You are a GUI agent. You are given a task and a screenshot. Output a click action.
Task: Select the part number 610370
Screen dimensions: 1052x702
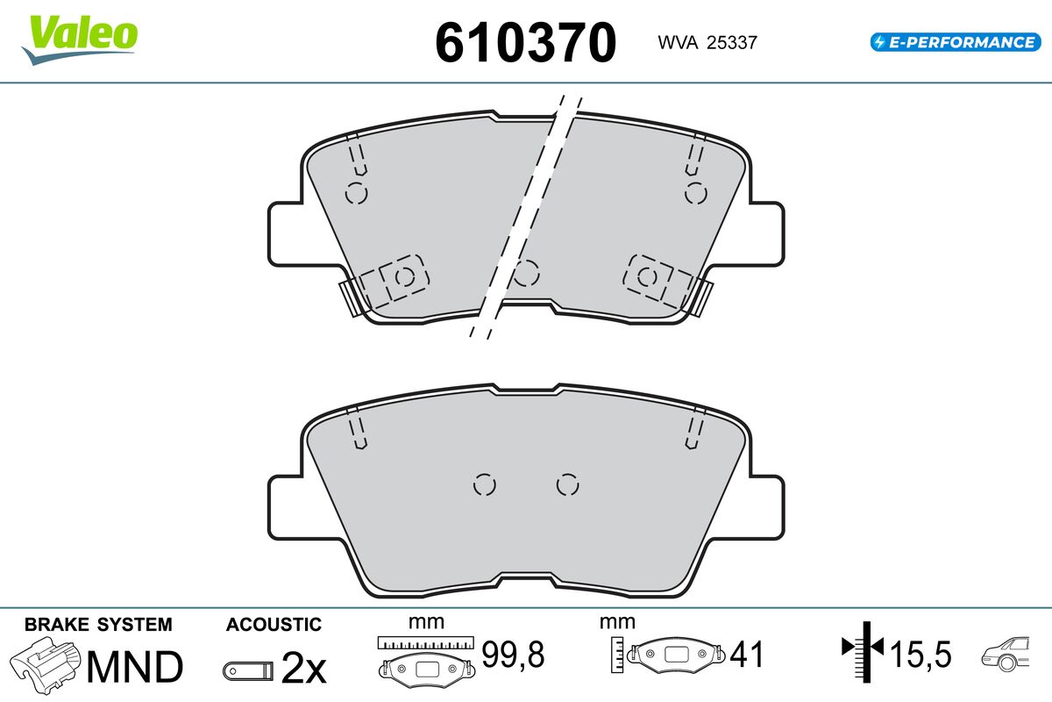525,42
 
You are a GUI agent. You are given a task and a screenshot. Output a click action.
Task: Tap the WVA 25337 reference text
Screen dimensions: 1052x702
707,42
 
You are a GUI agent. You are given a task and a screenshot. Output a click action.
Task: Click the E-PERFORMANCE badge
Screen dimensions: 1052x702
956,42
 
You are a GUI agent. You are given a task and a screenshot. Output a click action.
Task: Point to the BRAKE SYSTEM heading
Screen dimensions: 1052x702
98,625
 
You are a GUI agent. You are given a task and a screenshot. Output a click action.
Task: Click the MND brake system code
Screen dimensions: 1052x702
135,667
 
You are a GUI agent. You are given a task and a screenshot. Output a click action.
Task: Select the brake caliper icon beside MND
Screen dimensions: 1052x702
45,665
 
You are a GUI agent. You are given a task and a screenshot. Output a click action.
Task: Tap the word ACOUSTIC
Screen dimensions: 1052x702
274,625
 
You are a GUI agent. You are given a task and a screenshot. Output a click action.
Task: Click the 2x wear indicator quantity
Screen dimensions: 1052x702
303,668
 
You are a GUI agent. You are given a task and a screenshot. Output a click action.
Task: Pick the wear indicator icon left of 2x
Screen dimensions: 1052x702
248,671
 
